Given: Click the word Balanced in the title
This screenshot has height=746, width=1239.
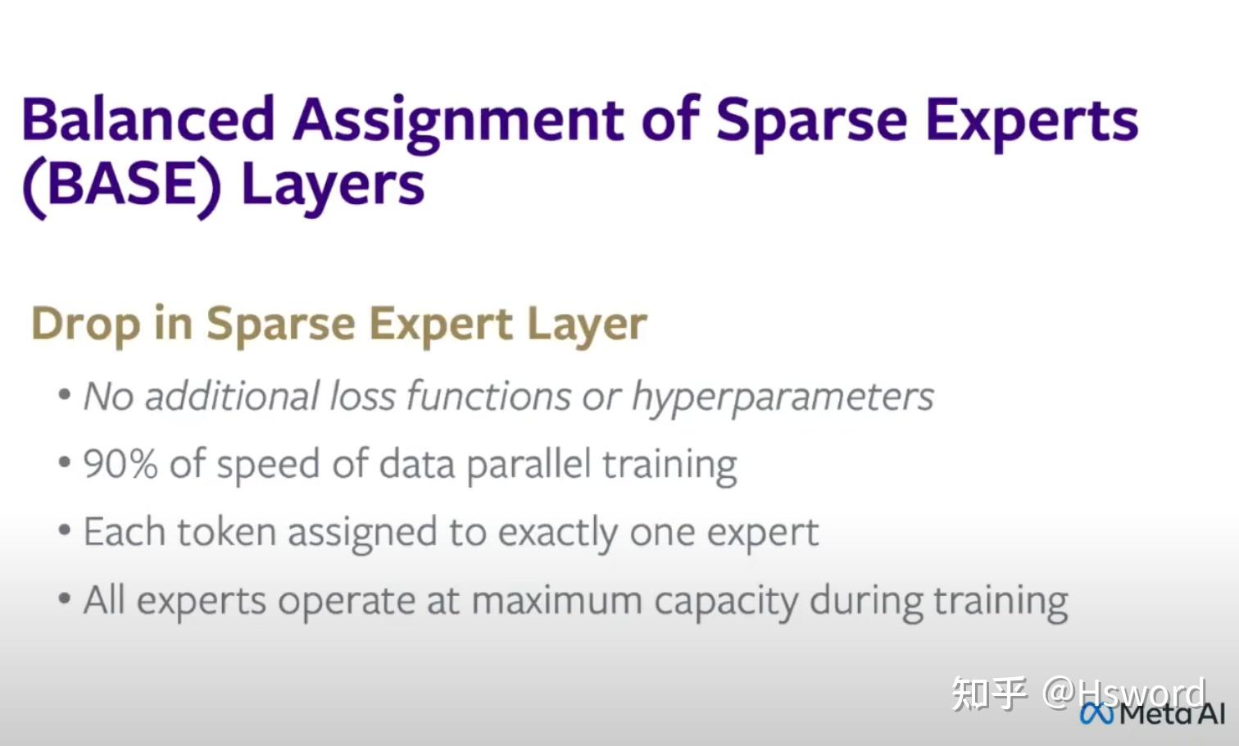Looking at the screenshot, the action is point(149,119).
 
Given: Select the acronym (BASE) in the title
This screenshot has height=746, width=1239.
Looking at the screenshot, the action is point(121,184).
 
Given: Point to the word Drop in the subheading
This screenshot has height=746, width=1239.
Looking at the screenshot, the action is point(86,325).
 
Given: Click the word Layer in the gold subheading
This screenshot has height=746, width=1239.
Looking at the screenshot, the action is point(587,325).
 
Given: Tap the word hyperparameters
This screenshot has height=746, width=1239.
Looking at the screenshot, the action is point(783,398).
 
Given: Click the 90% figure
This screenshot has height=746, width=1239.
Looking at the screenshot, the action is point(120,463).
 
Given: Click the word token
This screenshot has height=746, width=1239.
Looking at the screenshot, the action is point(226,532).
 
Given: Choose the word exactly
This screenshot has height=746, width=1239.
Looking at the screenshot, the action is point(557,534).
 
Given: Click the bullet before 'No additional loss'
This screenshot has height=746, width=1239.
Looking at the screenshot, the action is point(64,394).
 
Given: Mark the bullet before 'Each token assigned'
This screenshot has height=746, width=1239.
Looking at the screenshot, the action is point(64,530).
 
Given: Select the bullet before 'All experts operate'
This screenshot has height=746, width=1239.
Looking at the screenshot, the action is point(64,598).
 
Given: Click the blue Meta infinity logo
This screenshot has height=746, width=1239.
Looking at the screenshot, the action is point(1096,713).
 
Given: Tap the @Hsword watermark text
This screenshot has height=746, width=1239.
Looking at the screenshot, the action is point(1123,693).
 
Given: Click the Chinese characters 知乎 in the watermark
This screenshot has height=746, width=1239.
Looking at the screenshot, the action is point(989,693).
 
